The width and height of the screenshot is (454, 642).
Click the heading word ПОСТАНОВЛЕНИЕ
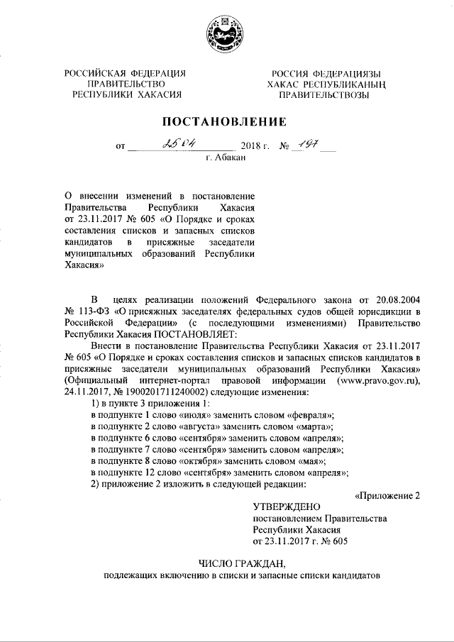pyautogui.click(x=226, y=121)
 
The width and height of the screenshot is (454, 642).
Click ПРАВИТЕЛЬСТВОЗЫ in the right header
pyautogui.click(x=323, y=94)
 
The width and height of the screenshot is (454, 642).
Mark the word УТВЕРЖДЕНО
pyautogui.click(x=287, y=507)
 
